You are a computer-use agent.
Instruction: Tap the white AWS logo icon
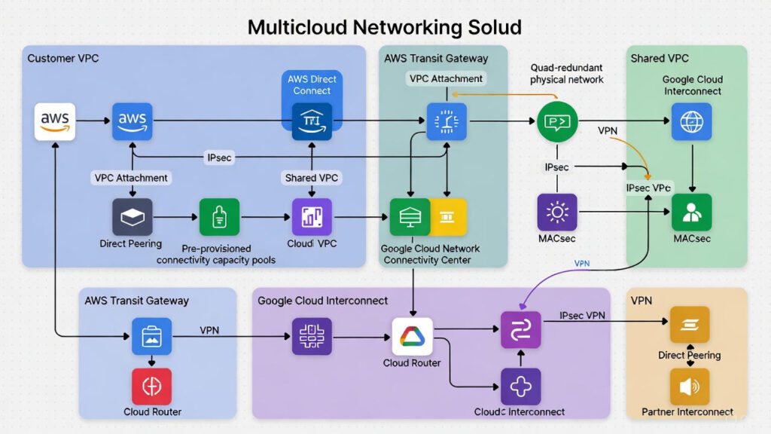(x=55, y=121)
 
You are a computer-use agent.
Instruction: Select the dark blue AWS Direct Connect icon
(x=311, y=121)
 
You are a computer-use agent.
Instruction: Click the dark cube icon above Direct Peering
(x=132, y=218)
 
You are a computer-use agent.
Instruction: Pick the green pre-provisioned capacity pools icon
(x=219, y=218)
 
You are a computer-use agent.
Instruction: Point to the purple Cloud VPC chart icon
(x=311, y=218)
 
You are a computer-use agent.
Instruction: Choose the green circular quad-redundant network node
(x=557, y=121)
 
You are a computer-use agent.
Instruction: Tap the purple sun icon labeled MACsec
(x=557, y=212)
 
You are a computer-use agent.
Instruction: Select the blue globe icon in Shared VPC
(x=691, y=121)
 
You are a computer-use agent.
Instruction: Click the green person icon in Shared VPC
(x=691, y=212)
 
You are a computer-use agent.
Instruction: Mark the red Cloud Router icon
(x=151, y=387)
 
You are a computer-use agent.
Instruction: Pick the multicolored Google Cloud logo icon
(x=413, y=336)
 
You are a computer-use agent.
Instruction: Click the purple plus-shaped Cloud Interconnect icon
(x=520, y=387)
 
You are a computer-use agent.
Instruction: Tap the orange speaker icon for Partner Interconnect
(x=690, y=387)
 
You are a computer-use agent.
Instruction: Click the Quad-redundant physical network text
(x=566, y=73)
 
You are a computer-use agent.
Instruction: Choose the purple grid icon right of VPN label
(x=311, y=336)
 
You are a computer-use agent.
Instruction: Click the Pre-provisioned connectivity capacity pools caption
(x=216, y=254)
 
